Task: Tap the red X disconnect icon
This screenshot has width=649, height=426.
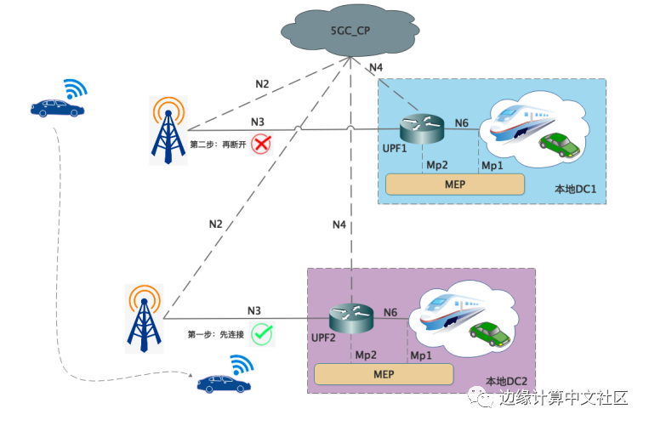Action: tap(260, 144)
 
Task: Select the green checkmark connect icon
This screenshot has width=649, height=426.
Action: tap(262, 333)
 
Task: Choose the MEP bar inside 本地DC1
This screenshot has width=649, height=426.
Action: tap(454, 185)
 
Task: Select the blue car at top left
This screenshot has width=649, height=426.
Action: tap(57, 107)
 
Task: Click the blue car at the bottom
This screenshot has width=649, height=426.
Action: tap(224, 383)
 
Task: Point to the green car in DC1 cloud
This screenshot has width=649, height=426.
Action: tap(561, 144)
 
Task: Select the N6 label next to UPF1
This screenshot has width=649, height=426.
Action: tap(461, 124)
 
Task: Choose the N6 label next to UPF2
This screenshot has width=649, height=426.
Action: tap(390, 313)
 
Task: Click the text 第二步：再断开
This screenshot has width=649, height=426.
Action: tap(217, 145)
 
